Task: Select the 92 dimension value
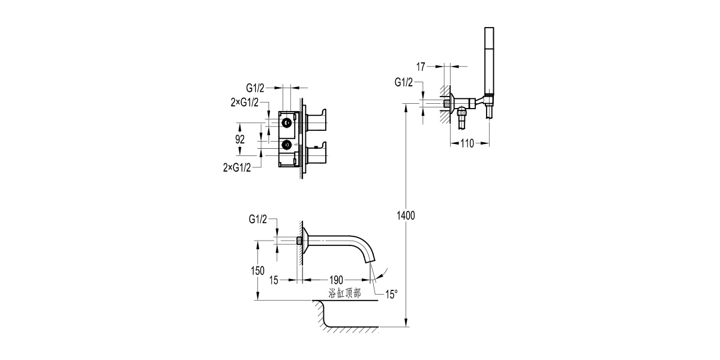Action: (x=240, y=139)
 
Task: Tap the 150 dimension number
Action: (x=257, y=271)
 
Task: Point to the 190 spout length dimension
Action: (x=335, y=280)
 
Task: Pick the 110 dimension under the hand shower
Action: (x=469, y=143)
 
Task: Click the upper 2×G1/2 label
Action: (x=244, y=102)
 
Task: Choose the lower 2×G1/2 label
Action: (x=236, y=167)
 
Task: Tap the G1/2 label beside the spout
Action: (x=258, y=220)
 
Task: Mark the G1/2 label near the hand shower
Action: (x=403, y=82)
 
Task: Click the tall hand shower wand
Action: (x=489, y=60)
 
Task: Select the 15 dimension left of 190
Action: (x=274, y=280)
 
